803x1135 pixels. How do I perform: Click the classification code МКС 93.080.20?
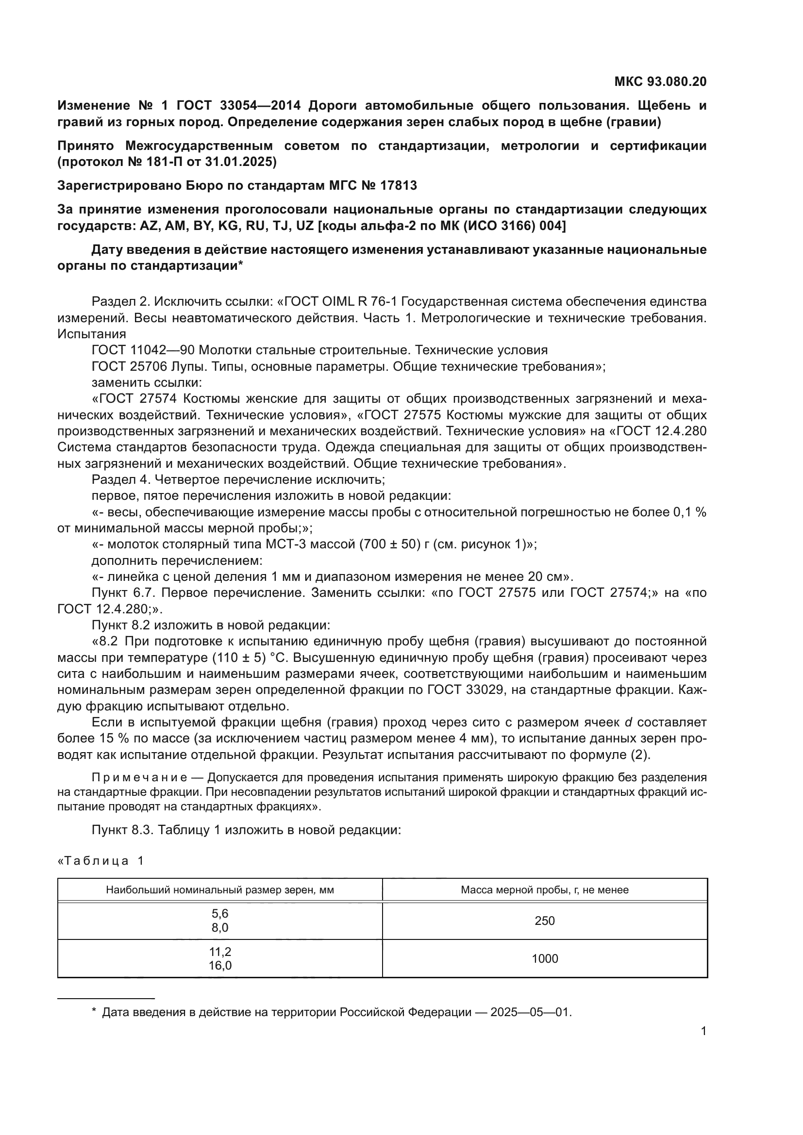(660, 82)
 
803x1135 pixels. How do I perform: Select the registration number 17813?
(399, 185)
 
